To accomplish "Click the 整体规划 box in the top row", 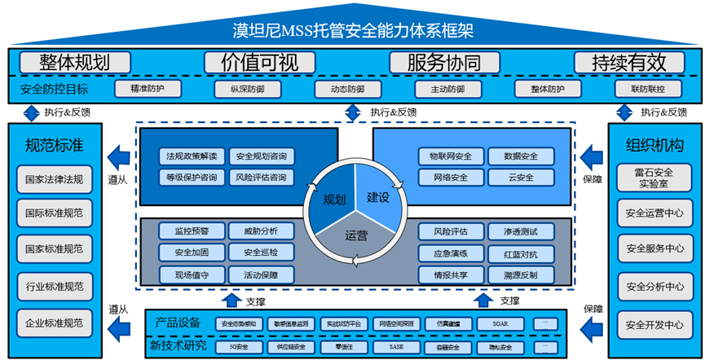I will [74, 62].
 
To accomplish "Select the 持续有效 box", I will [628, 62].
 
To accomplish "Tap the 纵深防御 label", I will [239, 89].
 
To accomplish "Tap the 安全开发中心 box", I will [649, 325].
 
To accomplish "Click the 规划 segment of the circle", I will [333, 199].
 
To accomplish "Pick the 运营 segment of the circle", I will [355, 236].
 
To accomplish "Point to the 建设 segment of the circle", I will [378, 197].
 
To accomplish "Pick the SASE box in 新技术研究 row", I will [395, 348].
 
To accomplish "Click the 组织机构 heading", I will [649, 146].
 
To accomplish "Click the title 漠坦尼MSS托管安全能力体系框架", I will [352, 31].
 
